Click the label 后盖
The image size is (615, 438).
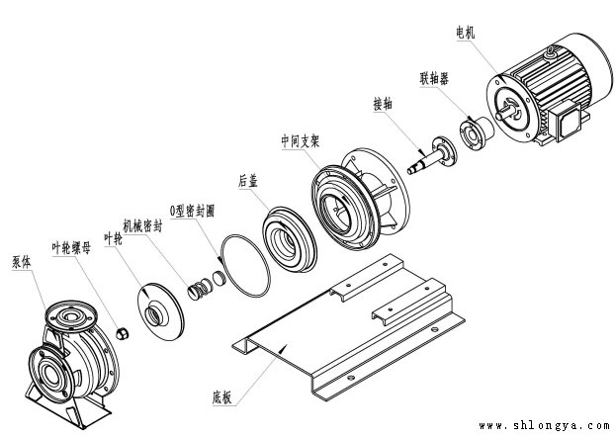point(248,181)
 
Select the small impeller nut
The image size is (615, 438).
point(123,334)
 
